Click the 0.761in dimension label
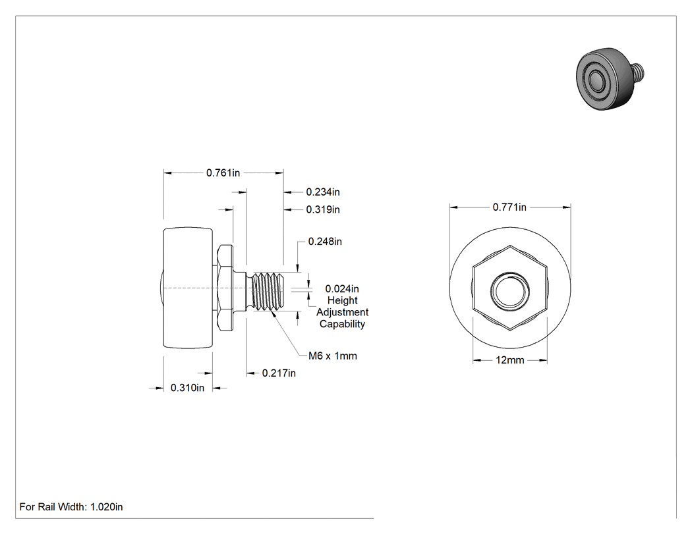click(223, 173)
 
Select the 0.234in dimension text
click(323, 192)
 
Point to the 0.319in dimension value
click(323, 209)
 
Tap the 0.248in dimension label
click(325, 242)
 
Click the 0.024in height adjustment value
click(342, 289)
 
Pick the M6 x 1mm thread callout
click(333, 356)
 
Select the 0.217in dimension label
click(279, 373)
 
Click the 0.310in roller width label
click(188, 388)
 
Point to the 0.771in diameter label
click(509, 207)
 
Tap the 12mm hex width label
click(509, 360)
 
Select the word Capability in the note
click(343, 324)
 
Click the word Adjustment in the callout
click(343, 312)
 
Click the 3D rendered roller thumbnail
click(610, 78)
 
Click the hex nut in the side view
click(226, 288)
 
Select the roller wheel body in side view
click(188, 288)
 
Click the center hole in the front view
click(509, 291)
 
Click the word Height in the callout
click(343, 300)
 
